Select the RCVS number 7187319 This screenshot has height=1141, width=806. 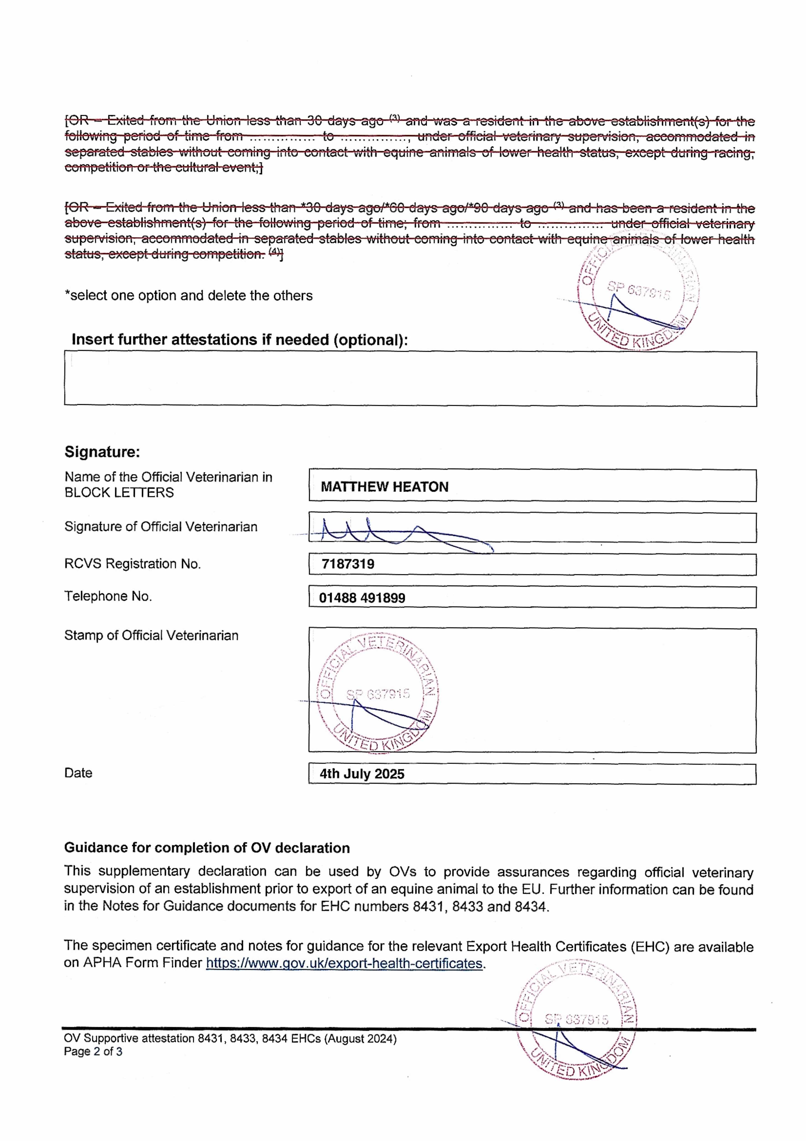[348, 564]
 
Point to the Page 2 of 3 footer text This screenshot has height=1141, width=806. [93, 1052]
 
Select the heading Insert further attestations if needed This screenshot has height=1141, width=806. [240, 340]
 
